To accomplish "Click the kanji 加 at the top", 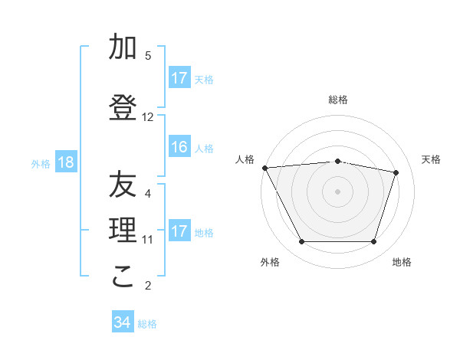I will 123,47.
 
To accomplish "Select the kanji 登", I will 123,108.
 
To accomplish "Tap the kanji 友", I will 123,185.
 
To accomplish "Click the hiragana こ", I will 123,277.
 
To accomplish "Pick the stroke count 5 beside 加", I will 148,56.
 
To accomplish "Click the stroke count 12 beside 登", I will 148,117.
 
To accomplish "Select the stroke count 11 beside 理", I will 148,240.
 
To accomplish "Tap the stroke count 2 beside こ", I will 148,286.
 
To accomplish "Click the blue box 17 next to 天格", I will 179,77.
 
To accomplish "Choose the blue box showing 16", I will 179,147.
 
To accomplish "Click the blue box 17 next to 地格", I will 179,231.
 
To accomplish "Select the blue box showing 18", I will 66,162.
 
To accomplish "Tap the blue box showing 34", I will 123,322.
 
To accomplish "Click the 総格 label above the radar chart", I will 338,100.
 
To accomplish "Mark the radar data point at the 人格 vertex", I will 264,168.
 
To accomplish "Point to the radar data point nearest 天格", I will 396,172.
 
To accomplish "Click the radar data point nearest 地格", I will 373,242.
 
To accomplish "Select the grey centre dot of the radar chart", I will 337,191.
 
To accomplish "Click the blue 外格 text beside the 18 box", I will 41,163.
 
